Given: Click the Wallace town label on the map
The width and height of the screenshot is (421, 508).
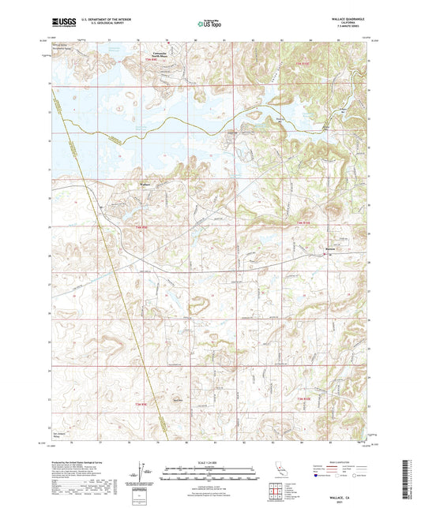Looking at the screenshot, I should [145, 185].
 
